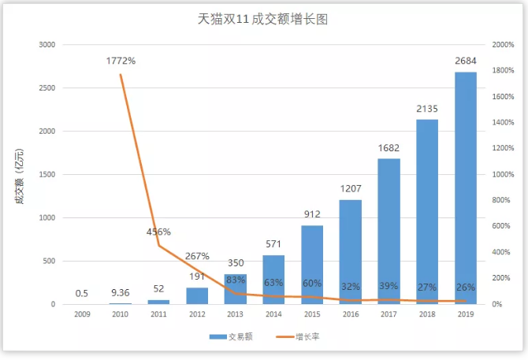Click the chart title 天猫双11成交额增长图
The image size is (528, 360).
pyautogui.click(x=262, y=19)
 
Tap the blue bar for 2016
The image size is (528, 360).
pyautogui.click(x=351, y=251)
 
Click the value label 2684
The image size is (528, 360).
pyautogui.click(x=466, y=61)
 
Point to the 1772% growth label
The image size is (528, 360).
pyautogui.click(x=121, y=61)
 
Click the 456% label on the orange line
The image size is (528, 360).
pyautogui.click(x=158, y=232)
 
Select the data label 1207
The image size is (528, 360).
pyautogui.click(x=351, y=189)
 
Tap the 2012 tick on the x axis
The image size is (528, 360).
pyautogui.click(x=197, y=314)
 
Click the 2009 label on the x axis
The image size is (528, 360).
pyautogui.click(x=82, y=314)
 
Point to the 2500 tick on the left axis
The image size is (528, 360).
pyautogui.click(x=46, y=88)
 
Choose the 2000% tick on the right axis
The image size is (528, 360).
pyautogui.click(x=503, y=45)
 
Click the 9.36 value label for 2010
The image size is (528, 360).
pyautogui.click(x=121, y=293)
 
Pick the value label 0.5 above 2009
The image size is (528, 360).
pyautogui.click(x=82, y=294)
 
